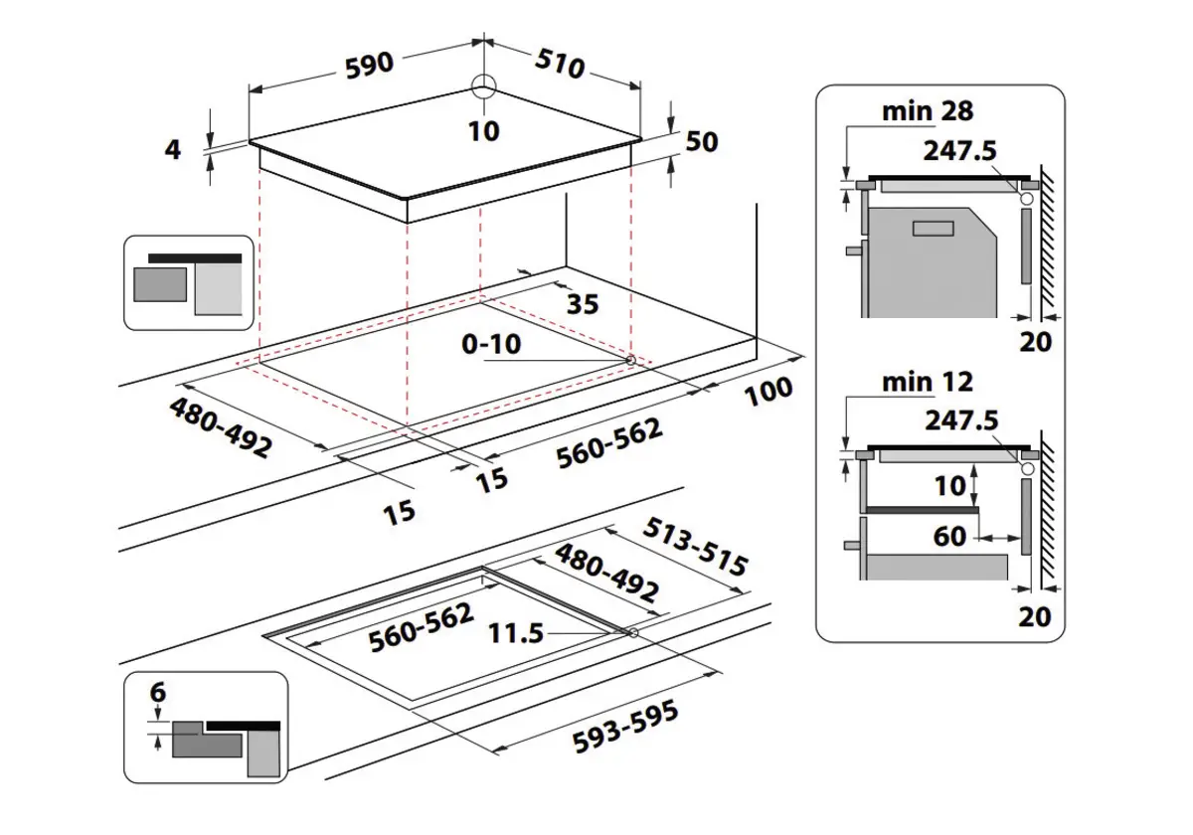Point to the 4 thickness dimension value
pyautogui.click(x=173, y=151)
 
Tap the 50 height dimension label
pyautogui.click(x=701, y=142)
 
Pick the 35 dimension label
pyautogui.click(x=583, y=304)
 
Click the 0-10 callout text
pyautogui.click(x=490, y=344)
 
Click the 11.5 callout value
pyautogui.click(x=516, y=632)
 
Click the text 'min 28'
pyautogui.click(x=928, y=110)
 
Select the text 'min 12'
pyautogui.click(x=928, y=381)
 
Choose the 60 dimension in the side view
pyautogui.click(x=950, y=537)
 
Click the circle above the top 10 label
pyautogui.click(x=483, y=85)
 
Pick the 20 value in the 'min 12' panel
pyautogui.click(x=1035, y=616)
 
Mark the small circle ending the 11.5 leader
pyautogui.click(x=633, y=632)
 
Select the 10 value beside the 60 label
pyautogui.click(x=950, y=485)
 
